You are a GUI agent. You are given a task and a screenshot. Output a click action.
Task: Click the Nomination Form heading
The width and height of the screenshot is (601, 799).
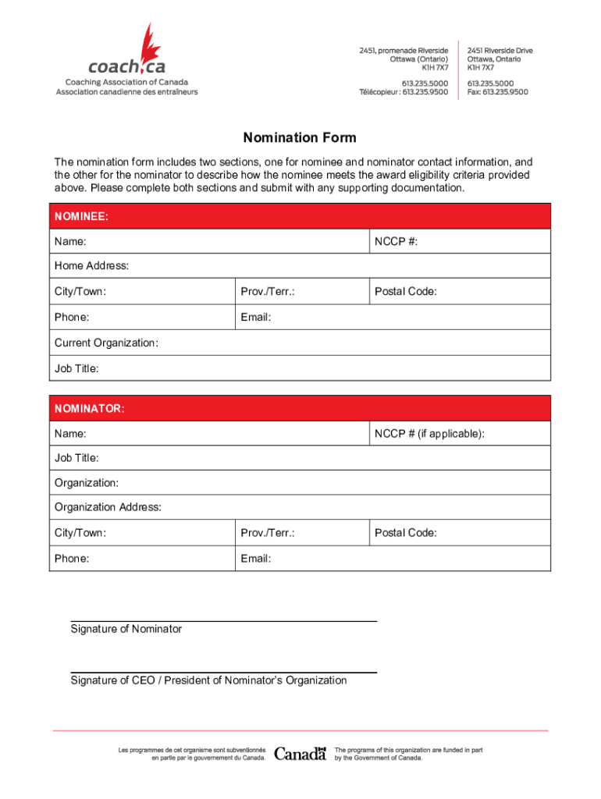click(x=300, y=138)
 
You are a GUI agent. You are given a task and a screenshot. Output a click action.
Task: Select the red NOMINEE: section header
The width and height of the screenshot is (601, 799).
click(x=300, y=216)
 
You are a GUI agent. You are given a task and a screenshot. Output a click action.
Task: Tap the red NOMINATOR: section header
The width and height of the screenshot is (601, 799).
click(x=300, y=408)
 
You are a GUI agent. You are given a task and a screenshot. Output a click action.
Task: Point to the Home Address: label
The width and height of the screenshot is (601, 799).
click(x=91, y=266)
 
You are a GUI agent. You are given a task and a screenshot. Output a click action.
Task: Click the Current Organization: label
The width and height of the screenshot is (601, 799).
click(x=106, y=343)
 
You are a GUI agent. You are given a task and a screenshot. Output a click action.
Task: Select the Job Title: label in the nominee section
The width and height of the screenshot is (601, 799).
click(x=76, y=368)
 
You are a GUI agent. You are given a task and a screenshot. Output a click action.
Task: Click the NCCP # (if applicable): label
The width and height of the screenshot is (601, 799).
click(x=429, y=433)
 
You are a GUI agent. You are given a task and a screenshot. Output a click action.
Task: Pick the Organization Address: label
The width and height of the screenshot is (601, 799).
click(x=108, y=507)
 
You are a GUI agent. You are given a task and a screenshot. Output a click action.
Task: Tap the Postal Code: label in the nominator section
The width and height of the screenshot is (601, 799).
click(x=405, y=533)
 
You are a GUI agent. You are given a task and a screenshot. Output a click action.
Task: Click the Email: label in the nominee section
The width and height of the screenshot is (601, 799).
click(x=256, y=318)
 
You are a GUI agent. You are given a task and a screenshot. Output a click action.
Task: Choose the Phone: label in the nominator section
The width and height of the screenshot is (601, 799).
click(x=72, y=559)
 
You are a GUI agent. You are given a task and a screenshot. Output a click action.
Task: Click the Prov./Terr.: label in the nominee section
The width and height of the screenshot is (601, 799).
click(x=268, y=292)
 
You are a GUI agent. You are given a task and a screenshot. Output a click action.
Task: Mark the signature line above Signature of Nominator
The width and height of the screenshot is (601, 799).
click(x=224, y=621)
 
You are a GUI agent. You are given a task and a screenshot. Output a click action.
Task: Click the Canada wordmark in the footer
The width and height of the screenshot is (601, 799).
click(x=300, y=754)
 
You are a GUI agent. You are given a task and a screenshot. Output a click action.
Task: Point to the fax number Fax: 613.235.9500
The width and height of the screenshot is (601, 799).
click(x=497, y=91)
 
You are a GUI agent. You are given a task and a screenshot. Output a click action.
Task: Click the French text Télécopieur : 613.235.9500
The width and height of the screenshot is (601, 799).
click(x=404, y=91)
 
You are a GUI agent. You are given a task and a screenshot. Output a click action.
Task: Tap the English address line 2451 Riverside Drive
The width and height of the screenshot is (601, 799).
click(x=500, y=50)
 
